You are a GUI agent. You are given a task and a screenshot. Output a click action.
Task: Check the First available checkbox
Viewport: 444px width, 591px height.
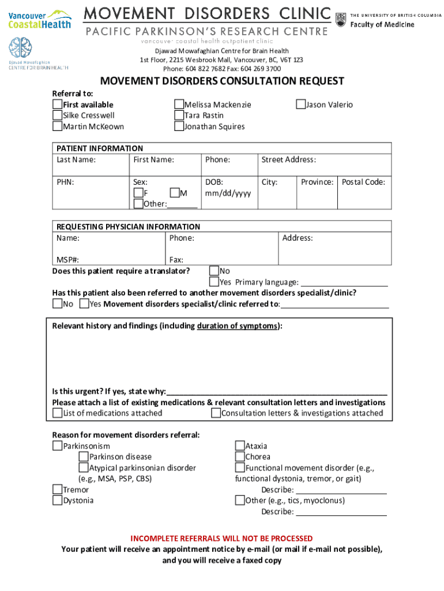point(57,104)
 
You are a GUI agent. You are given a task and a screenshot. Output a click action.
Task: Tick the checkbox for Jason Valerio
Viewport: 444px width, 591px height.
point(300,104)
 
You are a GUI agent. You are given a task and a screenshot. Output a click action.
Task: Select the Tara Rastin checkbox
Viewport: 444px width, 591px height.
point(179,115)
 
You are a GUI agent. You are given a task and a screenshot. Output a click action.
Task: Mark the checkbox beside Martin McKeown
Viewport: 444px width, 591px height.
point(57,126)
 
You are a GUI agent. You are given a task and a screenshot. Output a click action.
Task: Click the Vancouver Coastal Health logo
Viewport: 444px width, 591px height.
point(40,19)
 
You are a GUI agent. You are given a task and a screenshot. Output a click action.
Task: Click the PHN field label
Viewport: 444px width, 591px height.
point(65,182)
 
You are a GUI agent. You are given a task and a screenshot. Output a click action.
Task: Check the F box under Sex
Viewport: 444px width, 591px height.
point(138,193)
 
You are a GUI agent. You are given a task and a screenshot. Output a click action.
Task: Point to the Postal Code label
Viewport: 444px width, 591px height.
point(363,182)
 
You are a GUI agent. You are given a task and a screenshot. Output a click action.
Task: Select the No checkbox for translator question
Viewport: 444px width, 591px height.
point(214,271)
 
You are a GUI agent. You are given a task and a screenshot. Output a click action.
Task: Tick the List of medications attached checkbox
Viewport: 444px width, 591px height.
point(57,413)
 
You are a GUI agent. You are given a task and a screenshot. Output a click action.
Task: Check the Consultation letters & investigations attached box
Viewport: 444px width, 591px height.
point(216,413)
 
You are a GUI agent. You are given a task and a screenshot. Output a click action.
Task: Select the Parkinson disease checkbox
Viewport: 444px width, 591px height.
point(84,457)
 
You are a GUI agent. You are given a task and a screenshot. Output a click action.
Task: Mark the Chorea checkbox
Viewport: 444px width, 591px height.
point(240,457)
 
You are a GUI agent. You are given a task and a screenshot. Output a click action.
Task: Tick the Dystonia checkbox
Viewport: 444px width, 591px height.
point(57,500)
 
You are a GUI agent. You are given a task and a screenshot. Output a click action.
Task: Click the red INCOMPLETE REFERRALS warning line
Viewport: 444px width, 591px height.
point(221,538)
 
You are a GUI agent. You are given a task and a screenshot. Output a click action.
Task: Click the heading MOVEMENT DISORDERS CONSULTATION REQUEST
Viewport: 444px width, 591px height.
point(222,81)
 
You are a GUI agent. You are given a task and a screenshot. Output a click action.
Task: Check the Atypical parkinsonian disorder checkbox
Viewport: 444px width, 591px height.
point(84,468)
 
